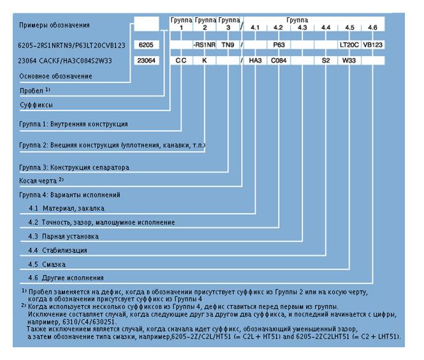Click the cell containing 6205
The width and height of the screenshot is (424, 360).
(x=146, y=46)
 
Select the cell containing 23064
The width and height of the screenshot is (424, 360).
(x=146, y=61)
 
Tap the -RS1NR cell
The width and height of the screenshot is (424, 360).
(x=205, y=46)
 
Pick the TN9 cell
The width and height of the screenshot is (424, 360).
(x=227, y=46)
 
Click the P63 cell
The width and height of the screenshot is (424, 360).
(x=278, y=46)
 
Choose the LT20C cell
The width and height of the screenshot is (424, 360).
(x=349, y=46)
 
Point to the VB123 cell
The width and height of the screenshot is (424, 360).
(x=374, y=46)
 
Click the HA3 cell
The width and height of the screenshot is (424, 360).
(x=256, y=61)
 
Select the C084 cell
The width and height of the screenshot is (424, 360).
(x=279, y=61)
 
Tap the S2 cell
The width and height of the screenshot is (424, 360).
(x=326, y=61)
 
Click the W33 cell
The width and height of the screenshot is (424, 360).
(x=349, y=61)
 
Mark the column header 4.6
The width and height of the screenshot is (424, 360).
(x=373, y=27)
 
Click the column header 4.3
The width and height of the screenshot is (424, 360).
(x=302, y=27)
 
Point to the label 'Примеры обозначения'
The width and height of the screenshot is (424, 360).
(x=54, y=26)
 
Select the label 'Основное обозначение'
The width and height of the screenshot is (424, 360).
(x=55, y=76)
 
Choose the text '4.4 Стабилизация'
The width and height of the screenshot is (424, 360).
(x=58, y=250)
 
